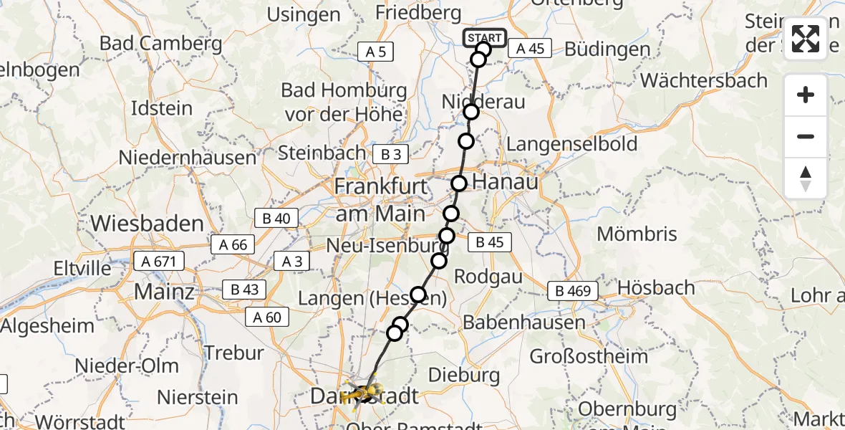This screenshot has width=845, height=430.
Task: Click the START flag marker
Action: pyautogui.click(x=485, y=38)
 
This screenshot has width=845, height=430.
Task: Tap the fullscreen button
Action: pyautogui.click(x=806, y=39)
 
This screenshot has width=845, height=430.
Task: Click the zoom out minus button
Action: pyautogui.click(x=806, y=136)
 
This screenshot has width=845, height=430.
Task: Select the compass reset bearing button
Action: pyautogui.click(x=806, y=178)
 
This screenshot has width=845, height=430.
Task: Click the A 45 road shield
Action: pyautogui.click(x=530, y=49)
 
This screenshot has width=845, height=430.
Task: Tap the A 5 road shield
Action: pyautogui.click(x=376, y=51)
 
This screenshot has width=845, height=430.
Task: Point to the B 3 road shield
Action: pyautogui.click(x=390, y=154)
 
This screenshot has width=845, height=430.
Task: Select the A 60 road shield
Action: pyautogui.click(x=267, y=317)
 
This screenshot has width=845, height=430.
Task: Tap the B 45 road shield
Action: pyautogui.click(x=491, y=242)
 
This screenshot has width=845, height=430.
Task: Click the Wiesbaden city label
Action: pyautogui.click(x=148, y=224)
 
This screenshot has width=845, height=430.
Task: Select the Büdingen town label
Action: pyautogui.click(x=607, y=50)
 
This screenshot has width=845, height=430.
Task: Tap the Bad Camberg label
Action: pyautogui.click(x=161, y=43)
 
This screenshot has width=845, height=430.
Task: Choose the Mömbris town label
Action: pyautogui.click(x=637, y=234)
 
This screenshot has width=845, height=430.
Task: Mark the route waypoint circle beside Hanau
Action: pyautogui.click(x=458, y=183)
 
